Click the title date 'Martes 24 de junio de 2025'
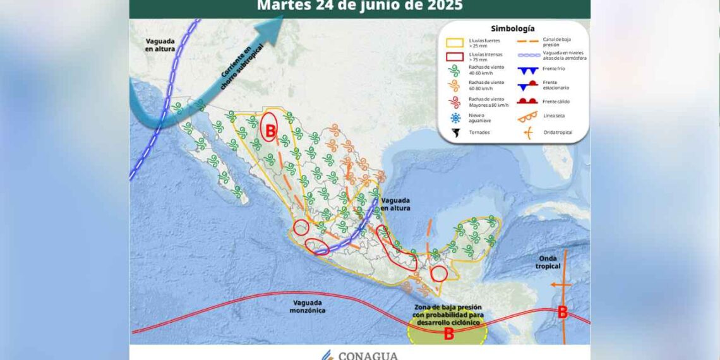(359, 6)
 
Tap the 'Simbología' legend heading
(512, 28)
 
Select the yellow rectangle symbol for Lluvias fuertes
(455, 43)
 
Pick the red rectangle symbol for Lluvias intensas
(455, 57)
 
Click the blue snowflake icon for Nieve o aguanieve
(455, 117)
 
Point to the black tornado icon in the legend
(455, 133)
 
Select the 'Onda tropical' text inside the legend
(556, 131)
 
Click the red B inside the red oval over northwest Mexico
(270, 131)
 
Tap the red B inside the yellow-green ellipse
(448, 334)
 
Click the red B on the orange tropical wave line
(562, 312)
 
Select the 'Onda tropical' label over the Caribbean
(548, 262)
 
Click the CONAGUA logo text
(368, 355)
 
